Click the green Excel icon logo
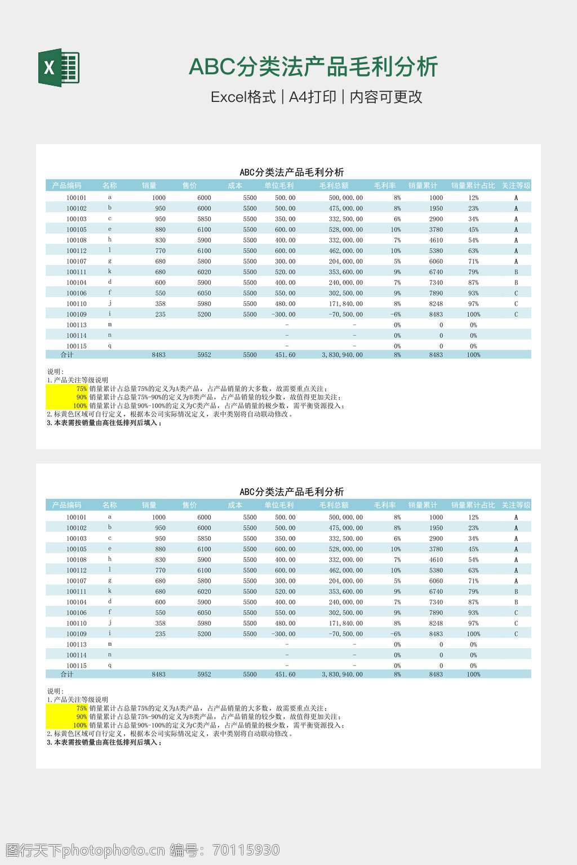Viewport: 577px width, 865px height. (x=59, y=68)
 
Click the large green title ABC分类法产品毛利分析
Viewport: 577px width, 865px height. (x=313, y=66)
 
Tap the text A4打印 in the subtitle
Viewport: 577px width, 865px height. (x=312, y=97)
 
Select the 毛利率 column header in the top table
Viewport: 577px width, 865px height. (x=385, y=185)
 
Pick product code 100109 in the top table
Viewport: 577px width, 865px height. (x=77, y=314)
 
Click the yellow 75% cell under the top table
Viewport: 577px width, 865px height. (x=81, y=389)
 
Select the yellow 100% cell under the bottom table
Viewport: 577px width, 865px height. (x=79, y=725)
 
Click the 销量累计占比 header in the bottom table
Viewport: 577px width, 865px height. (x=473, y=505)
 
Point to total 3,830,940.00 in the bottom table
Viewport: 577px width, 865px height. (x=342, y=674)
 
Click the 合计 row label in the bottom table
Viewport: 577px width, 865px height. (x=67, y=674)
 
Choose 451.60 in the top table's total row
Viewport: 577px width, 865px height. (x=285, y=355)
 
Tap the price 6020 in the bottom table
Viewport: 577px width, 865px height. (x=204, y=591)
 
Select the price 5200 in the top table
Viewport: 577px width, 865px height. (x=204, y=314)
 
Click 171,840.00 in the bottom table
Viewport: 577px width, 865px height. (x=345, y=623)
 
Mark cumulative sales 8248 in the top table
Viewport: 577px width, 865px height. (x=436, y=304)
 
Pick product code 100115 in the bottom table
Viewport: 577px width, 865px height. (x=77, y=666)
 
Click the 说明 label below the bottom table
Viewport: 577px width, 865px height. (x=55, y=691)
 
